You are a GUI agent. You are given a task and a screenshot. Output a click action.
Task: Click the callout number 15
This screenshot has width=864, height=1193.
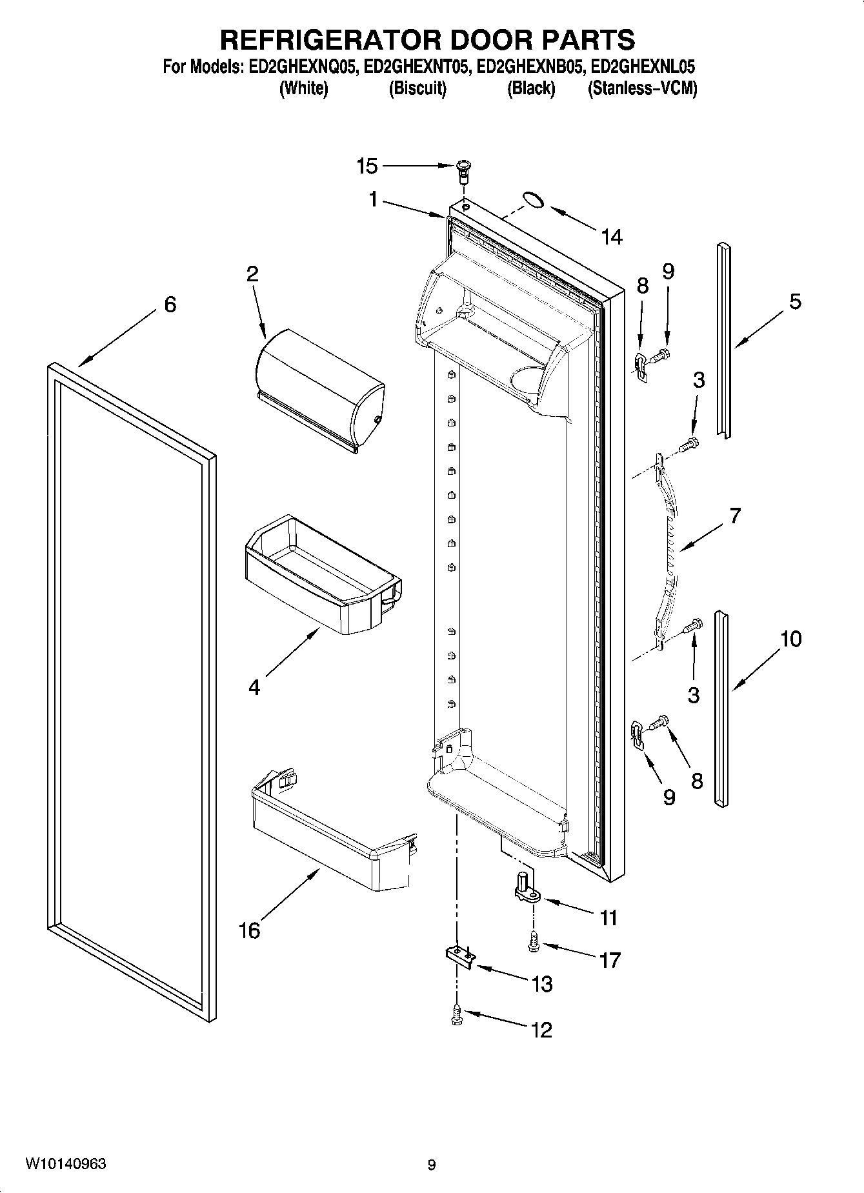pos(367,166)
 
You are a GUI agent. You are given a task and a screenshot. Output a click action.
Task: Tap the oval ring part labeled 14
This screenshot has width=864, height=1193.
pos(532,200)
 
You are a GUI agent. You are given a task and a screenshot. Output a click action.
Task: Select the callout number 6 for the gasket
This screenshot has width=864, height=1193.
pos(170,305)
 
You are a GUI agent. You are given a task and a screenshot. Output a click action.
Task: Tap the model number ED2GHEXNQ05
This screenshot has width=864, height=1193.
pos(303,66)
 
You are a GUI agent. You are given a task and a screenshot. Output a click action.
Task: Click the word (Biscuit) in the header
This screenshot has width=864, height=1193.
pos(417,88)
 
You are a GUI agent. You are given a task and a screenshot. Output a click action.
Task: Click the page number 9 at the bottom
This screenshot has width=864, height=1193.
pos(431,1165)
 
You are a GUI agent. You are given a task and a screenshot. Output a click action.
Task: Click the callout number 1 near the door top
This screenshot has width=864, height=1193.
pos(373,200)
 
